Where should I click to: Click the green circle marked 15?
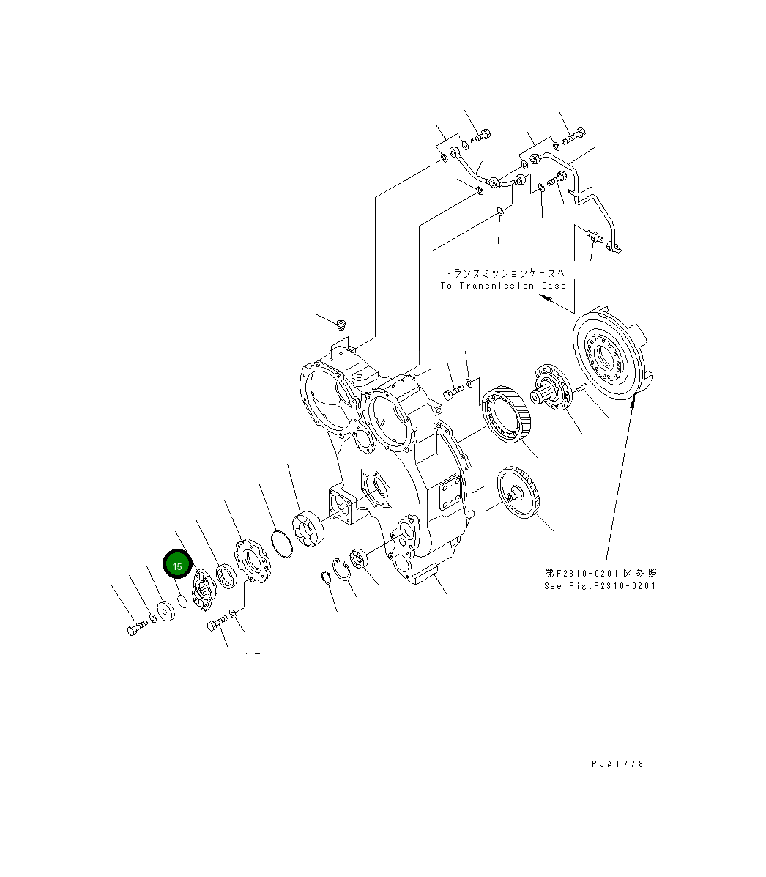coord(177,566)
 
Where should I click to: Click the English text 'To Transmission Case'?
coord(503,286)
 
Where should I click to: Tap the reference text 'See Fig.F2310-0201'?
coord(600,585)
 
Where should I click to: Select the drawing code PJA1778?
coord(617,763)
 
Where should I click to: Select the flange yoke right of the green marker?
coord(203,590)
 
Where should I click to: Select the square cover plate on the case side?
coord(448,495)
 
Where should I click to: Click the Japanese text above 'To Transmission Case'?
coord(505,272)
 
